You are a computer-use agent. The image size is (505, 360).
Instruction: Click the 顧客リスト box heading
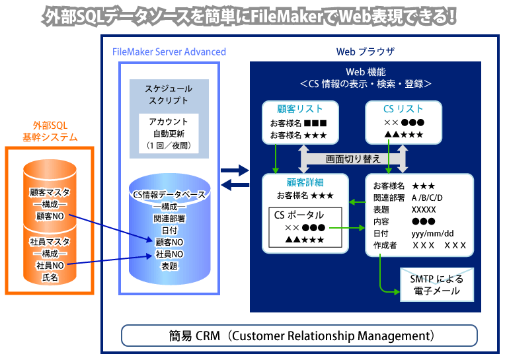[300, 109]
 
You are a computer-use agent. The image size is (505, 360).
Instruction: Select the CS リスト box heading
[403, 109]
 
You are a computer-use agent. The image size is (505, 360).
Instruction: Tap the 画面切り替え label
[353, 159]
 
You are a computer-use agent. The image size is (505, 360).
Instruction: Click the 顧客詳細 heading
[305, 182]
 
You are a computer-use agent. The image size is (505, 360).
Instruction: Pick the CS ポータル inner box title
[299, 215]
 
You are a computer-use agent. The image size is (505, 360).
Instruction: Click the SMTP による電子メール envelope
[432, 285]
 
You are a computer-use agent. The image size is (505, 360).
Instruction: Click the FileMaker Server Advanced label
[169, 52]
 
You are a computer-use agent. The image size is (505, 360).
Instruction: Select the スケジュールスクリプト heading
[169, 94]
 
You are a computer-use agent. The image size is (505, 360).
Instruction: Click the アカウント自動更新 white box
[169, 133]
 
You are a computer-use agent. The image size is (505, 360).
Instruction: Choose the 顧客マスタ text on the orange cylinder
[50, 192]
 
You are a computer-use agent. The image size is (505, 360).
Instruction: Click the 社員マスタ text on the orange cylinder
[50, 242]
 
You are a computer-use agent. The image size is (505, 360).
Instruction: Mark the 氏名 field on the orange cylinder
[50, 277]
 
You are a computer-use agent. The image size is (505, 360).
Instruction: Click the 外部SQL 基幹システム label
[50, 131]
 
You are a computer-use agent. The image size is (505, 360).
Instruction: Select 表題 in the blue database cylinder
[169, 266]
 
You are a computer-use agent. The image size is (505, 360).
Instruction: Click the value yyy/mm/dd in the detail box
[433, 234]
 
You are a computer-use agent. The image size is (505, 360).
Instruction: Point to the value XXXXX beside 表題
[424, 209]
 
